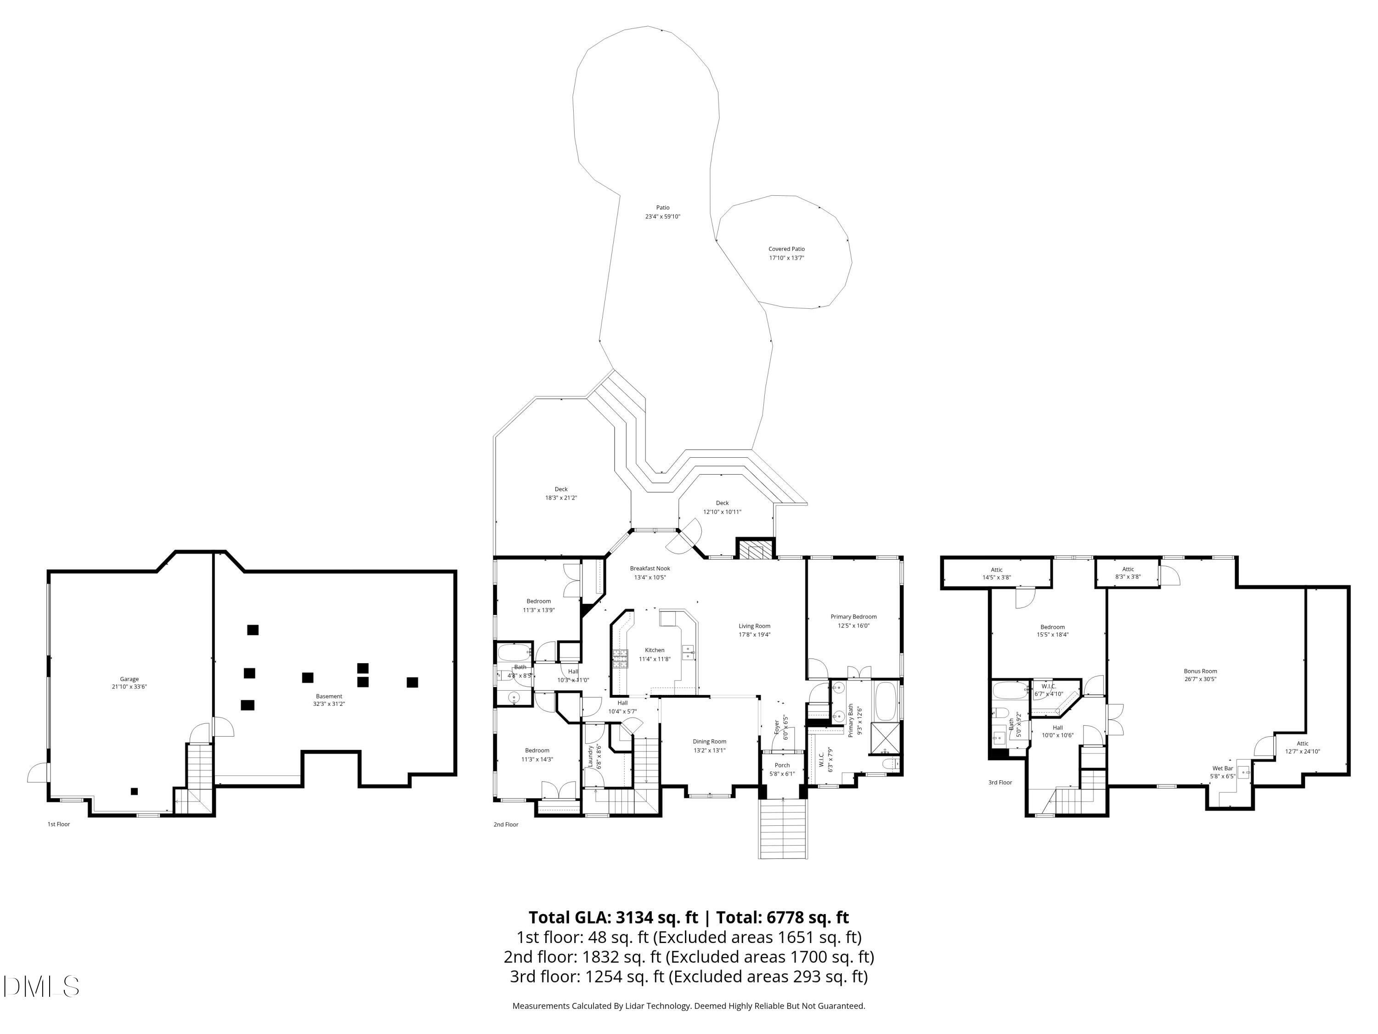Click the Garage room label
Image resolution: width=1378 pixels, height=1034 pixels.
(x=130, y=679)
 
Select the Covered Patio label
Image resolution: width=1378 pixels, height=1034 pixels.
(x=786, y=249)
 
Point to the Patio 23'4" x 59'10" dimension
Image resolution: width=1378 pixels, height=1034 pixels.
(x=662, y=217)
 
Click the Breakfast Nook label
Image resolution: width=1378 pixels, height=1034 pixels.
(x=650, y=568)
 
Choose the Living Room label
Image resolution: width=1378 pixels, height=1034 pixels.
(x=754, y=626)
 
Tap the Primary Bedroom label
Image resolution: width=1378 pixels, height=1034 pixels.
(x=853, y=616)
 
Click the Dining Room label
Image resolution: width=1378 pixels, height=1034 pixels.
(x=710, y=742)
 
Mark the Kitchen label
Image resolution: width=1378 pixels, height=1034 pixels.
(x=654, y=650)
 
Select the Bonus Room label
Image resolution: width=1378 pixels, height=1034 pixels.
(x=1200, y=671)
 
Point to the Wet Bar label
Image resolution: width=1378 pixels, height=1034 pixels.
(x=1222, y=768)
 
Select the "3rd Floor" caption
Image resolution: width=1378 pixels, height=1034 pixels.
(x=1000, y=783)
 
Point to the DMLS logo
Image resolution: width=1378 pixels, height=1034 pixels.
(x=41, y=987)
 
